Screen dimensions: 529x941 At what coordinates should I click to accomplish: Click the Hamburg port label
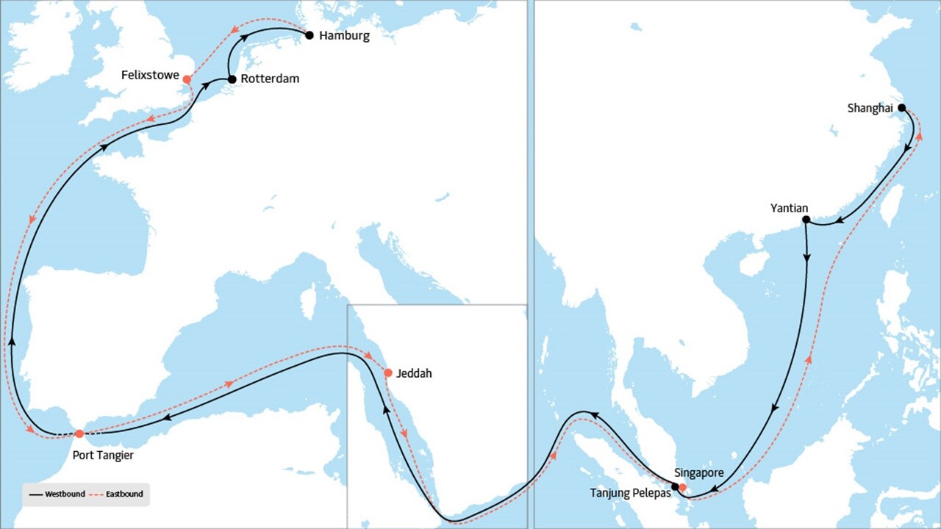tap(344, 35)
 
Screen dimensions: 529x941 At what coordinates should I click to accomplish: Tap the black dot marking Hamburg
tap(310, 35)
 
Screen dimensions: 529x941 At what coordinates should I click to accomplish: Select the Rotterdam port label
tap(271, 79)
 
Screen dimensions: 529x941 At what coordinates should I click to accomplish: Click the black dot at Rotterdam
tap(232, 79)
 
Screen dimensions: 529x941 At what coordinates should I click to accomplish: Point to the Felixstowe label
tap(151, 76)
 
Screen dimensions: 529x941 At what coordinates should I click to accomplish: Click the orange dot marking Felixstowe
tap(187, 79)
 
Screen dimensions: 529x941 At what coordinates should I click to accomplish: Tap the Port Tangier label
tap(103, 456)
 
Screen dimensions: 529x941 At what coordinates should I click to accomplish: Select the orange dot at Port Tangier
tap(79, 433)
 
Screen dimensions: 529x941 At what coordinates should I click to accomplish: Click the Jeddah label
tap(414, 373)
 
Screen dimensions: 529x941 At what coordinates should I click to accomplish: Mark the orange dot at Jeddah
tap(388, 373)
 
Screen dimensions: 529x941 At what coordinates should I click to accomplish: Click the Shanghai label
tap(870, 109)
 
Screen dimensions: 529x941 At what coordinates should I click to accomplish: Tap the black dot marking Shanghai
tap(902, 107)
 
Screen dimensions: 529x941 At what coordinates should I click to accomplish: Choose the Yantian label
tap(789, 209)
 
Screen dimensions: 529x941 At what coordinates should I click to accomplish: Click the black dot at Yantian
tap(806, 220)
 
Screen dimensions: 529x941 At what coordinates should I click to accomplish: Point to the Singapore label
tap(699, 473)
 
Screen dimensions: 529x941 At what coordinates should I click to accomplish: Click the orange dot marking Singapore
tap(683, 487)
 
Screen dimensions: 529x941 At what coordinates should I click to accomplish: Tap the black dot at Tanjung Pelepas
tap(675, 486)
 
